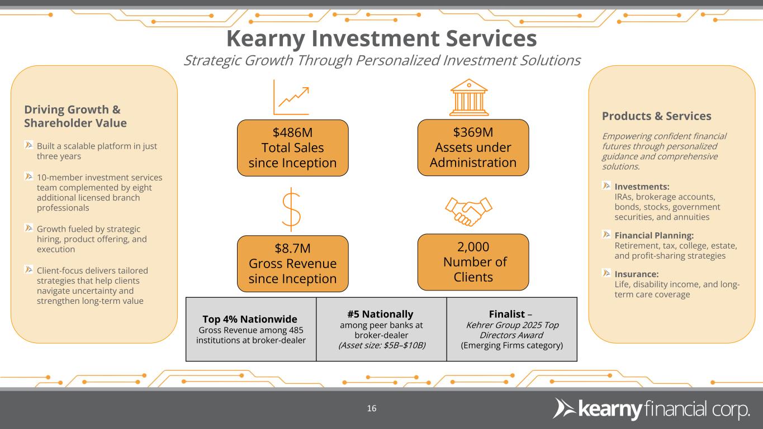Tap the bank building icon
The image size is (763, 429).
click(x=468, y=96)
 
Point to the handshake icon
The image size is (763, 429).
click(x=468, y=211)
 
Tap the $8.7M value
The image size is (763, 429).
click(x=292, y=248)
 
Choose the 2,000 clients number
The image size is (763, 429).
click(x=473, y=247)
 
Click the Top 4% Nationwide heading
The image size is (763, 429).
click(x=251, y=320)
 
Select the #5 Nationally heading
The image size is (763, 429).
click(x=381, y=314)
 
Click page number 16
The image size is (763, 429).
click(x=372, y=409)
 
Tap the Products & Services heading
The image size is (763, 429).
click(x=656, y=116)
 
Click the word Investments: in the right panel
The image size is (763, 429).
click(x=642, y=187)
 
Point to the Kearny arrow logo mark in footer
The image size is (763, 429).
click(x=563, y=409)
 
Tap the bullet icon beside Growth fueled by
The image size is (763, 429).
click(x=29, y=228)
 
